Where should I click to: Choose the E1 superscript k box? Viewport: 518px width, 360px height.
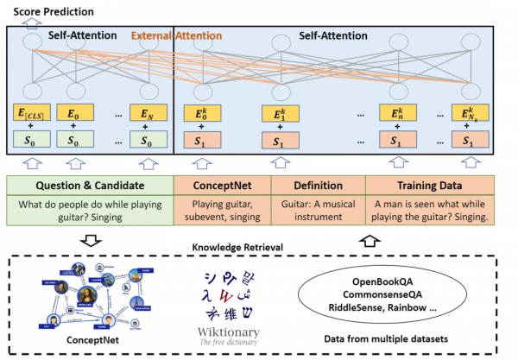point(283,113)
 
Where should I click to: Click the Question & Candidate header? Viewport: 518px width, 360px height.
point(89,185)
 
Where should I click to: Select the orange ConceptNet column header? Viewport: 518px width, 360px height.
point(223,185)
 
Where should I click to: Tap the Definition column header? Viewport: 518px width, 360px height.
point(318,185)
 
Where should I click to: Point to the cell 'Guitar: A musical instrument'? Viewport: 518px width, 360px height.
point(318,211)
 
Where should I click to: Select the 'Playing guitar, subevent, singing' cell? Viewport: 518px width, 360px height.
point(223,211)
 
